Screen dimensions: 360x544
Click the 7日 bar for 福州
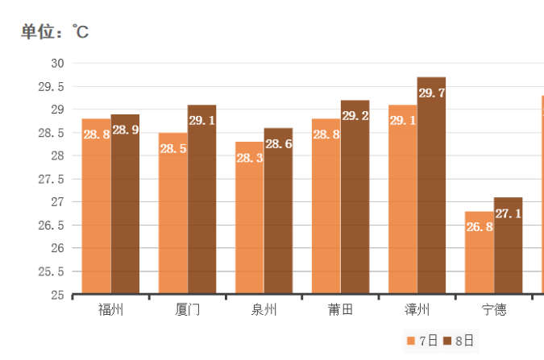click(x=96, y=206)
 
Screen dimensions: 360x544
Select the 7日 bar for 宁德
click(x=479, y=252)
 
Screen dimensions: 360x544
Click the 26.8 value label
click(x=479, y=226)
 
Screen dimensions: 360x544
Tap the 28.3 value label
click(x=250, y=158)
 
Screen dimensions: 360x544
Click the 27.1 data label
click(x=508, y=213)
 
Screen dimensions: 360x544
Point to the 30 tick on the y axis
click(x=57, y=63)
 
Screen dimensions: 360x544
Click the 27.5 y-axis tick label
click(x=52, y=179)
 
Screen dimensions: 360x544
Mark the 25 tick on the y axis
click(x=57, y=295)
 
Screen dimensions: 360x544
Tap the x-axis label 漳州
click(x=417, y=310)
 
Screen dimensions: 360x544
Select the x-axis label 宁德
click(x=494, y=310)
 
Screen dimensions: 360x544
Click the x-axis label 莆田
click(x=340, y=310)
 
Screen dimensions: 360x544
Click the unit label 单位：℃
click(x=55, y=32)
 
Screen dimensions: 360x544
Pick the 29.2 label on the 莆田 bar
click(x=355, y=116)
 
